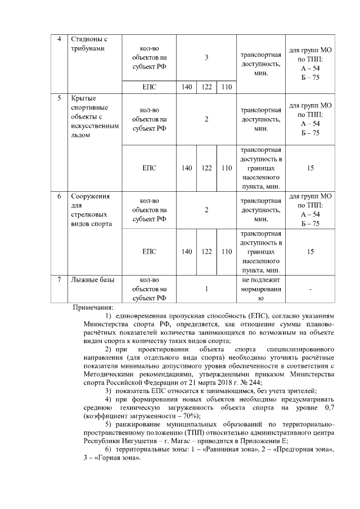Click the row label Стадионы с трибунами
88,44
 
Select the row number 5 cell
60,98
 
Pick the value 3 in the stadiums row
206,58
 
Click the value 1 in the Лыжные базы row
206,289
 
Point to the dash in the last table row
310,289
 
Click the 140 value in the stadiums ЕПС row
187,87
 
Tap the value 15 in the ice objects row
310,168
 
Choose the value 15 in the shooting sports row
310,252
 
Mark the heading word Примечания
93,308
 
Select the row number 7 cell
60,280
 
